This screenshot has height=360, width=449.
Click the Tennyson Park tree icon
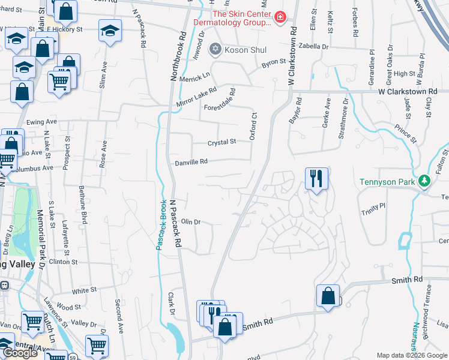(x=424, y=181)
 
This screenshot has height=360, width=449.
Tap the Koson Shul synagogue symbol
(x=214, y=49)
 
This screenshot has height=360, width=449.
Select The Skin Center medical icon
(x=280, y=18)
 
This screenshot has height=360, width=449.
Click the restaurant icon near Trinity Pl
(x=316, y=178)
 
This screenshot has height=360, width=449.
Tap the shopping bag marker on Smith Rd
(x=328, y=296)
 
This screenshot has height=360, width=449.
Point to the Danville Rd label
(x=191, y=162)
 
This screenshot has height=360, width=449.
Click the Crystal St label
(x=222, y=142)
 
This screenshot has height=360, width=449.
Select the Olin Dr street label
(x=190, y=222)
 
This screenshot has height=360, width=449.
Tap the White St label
(x=84, y=290)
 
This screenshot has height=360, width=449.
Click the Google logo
(x=20, y=353)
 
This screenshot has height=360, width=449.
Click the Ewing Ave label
(x=42, y=121)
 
